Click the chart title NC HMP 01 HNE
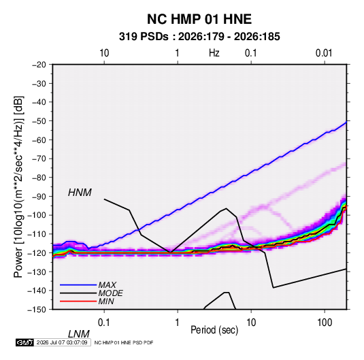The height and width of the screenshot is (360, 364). [x=199, y=19]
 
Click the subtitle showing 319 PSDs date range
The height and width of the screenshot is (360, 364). [x=199, y=37]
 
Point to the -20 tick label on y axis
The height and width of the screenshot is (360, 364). [x=39, y=65]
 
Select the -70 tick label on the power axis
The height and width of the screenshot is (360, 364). [x=39, y=159]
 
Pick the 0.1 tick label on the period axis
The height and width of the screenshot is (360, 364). [x=103, y=323]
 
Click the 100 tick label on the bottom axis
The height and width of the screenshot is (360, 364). [x=325, y=323]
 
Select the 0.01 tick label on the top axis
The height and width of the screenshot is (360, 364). [x=324, y=53]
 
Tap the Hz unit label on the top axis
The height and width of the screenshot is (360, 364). [x=214, y=53]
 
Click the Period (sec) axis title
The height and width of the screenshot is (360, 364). [x=214, y=330]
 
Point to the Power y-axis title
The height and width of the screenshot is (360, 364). [x=18, y=186]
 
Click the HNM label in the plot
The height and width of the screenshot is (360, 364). [x=80, y=193]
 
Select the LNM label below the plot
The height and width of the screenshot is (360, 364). [x=78, y=334]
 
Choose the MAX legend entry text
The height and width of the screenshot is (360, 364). [x=107, y=285]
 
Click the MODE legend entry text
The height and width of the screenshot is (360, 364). [x=110, y=293]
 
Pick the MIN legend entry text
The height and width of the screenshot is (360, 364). [x=106, y=301]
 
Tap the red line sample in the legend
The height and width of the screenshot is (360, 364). [x=78, y=301]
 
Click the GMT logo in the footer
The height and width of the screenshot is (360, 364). [x=24, y=342]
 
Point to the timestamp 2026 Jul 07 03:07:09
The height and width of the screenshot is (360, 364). [x=62, y=342]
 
